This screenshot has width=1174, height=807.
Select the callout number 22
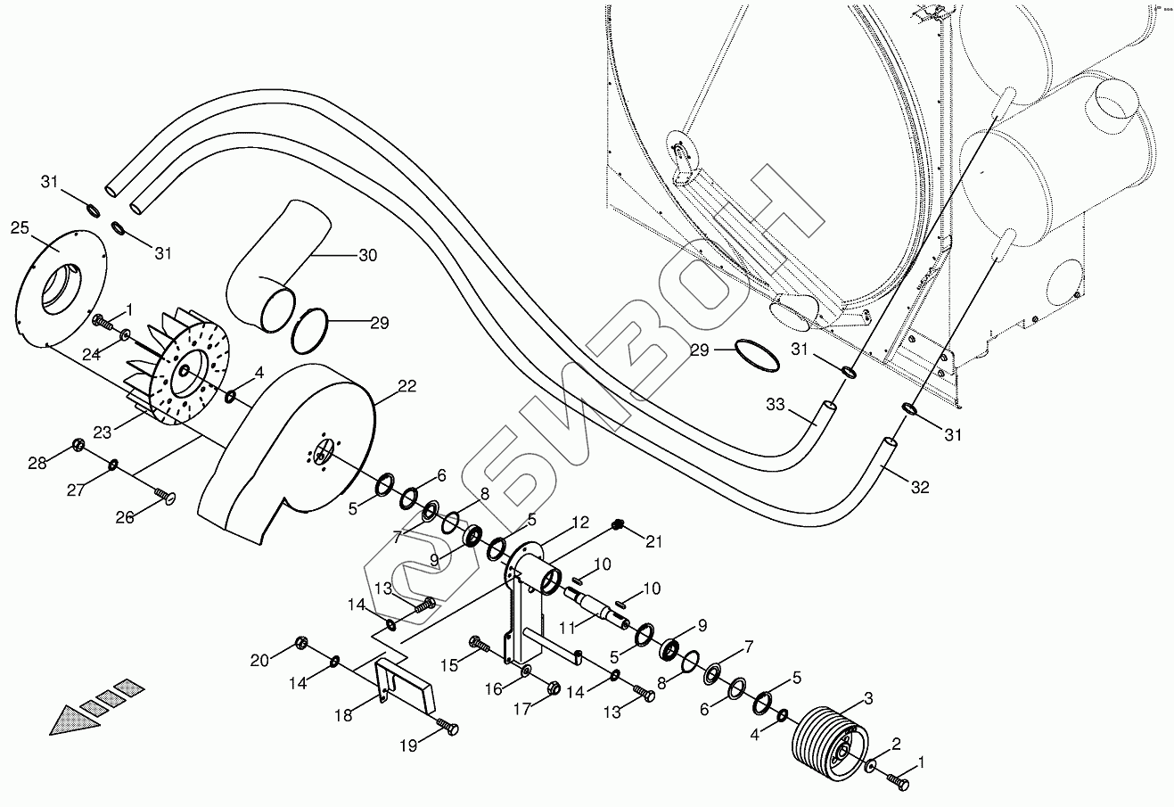tap(406, 385)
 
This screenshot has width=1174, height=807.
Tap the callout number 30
tap(367, 255)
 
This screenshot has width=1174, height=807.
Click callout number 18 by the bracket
tap(344, 714)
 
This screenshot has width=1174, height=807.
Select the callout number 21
tap(655, 541)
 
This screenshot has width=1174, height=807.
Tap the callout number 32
tap(921, 487)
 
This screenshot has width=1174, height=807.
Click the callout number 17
tap(521, 709)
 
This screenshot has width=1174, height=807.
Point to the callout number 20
tap(259, 660)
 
